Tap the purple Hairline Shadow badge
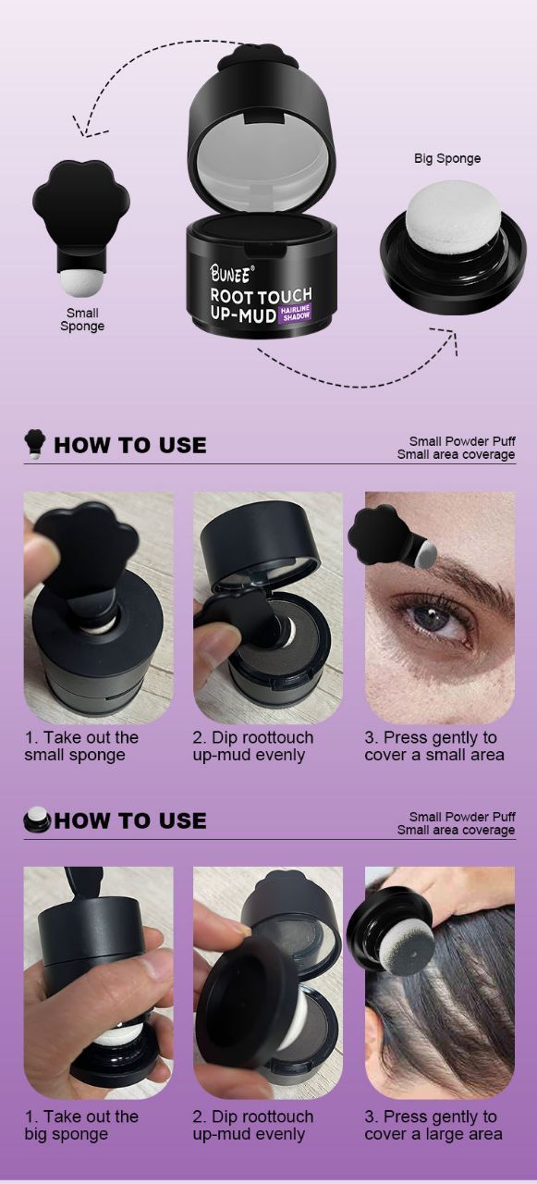295,313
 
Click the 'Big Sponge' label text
447,158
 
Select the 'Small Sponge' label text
82,319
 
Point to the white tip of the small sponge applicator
73,284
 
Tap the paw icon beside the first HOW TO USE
35,443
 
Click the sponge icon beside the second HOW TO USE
37,820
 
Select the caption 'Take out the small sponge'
81,746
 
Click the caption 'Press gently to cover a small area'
434,746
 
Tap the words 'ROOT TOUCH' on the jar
262,295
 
